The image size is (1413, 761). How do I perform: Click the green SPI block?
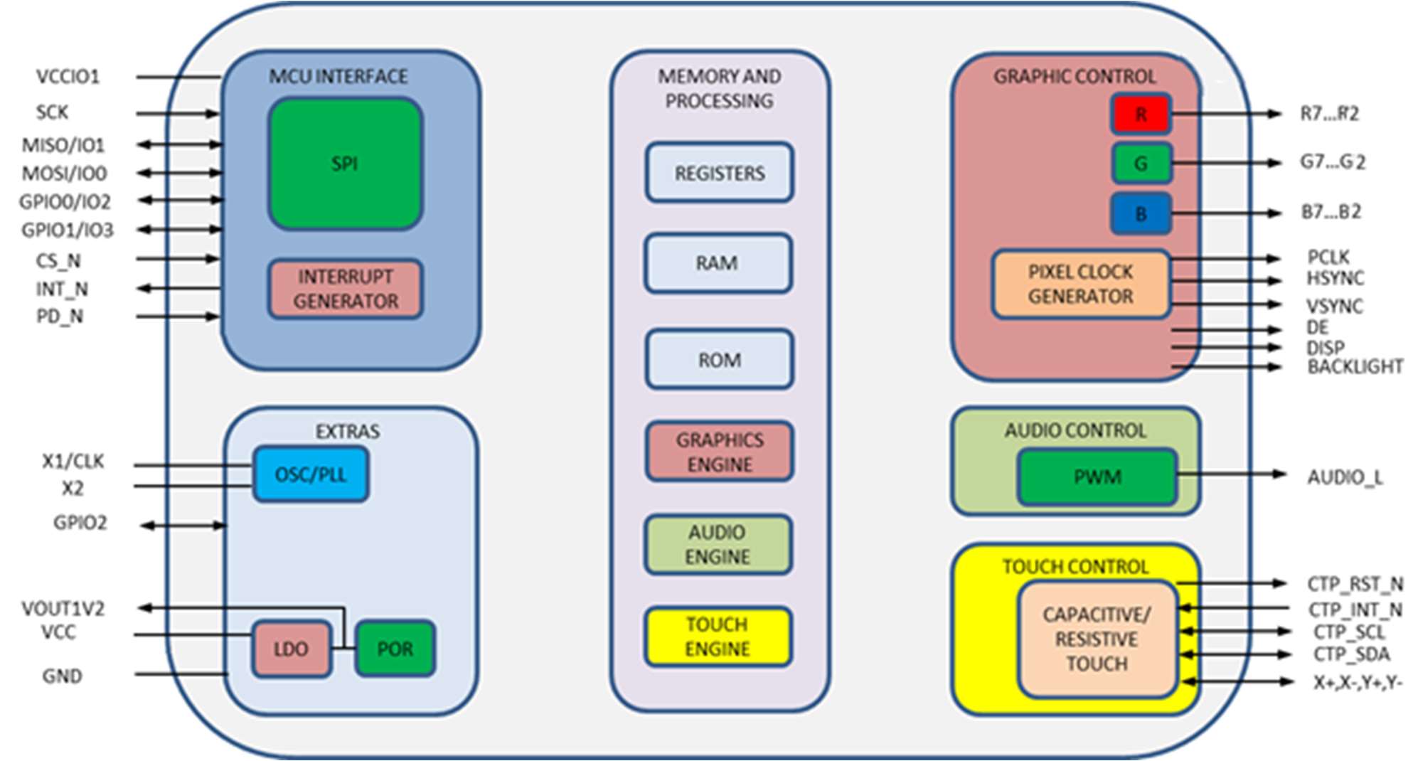tap(346, 164)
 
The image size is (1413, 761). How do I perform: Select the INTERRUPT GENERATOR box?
tap(346, 289)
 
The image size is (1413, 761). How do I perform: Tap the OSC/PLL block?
tap(311, 474)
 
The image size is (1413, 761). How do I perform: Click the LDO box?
tap(292, 649)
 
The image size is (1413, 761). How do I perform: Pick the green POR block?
tap(395, 649)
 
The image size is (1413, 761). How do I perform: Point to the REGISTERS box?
tap(720, 173)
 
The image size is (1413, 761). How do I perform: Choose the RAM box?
tap(718, 263)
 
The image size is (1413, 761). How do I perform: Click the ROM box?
tap(720, 360)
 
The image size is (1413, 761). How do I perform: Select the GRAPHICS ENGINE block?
tap(720, 452)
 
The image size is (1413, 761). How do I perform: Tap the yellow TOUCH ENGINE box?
tap(718, 637)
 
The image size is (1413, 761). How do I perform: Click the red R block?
tap(1141, 114)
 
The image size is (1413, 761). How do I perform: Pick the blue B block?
tap(1141, 213)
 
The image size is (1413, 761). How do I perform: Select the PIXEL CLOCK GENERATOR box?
tap(1080, 284)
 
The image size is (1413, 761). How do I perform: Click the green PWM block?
tap(1097, 477)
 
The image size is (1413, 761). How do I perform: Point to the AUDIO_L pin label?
tap(1345, 477)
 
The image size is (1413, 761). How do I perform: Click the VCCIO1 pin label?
tap(68, 77)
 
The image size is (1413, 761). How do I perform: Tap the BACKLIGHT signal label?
tap(1355, 367)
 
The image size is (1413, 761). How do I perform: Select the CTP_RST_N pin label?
tap(1355, 584)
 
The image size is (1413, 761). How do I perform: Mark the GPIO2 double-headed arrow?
tap(183, 526)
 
